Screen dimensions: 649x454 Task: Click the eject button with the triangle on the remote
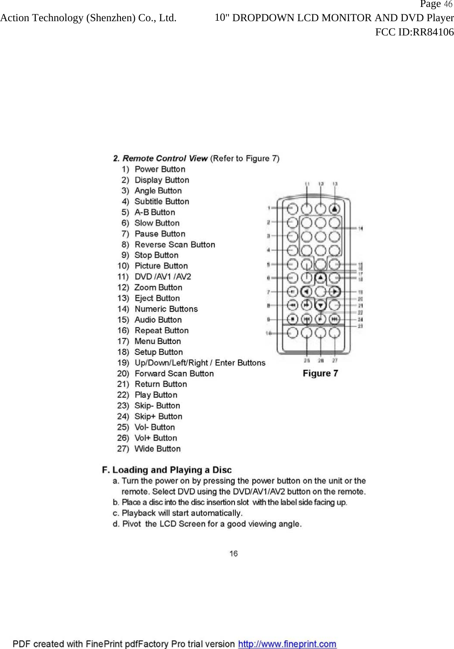(x=335, y=209)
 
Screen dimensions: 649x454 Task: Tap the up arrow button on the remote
(x=321, y=277)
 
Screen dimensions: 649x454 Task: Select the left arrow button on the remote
(x=306, y=292)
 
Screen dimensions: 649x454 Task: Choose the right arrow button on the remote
(x=335, y=292)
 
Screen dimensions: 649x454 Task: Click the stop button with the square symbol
(x=292, y=319)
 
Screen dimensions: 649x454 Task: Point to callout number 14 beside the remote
(x=360, y=228)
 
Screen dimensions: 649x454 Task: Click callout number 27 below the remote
(x=335, y=360)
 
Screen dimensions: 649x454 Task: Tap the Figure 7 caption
(x=320, y=373)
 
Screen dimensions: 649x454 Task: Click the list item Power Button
(x=160, y=169)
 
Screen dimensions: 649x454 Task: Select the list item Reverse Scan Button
(x=175, y=245)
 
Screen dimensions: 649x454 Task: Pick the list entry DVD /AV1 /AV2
(x=162, y=277)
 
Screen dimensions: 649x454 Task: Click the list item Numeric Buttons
(x=166, y=309)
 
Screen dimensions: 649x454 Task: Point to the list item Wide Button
(x=157, y=449)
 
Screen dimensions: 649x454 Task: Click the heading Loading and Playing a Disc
(x=172, y=470)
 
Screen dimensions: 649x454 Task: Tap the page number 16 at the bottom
(x=233, y=554)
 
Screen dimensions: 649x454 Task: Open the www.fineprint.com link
(x=287, y=644)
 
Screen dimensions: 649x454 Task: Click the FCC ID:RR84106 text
(x=414, y=32)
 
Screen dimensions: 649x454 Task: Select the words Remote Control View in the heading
(x=165, y=158)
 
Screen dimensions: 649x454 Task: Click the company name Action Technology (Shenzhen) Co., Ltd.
(x=89, y=18)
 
